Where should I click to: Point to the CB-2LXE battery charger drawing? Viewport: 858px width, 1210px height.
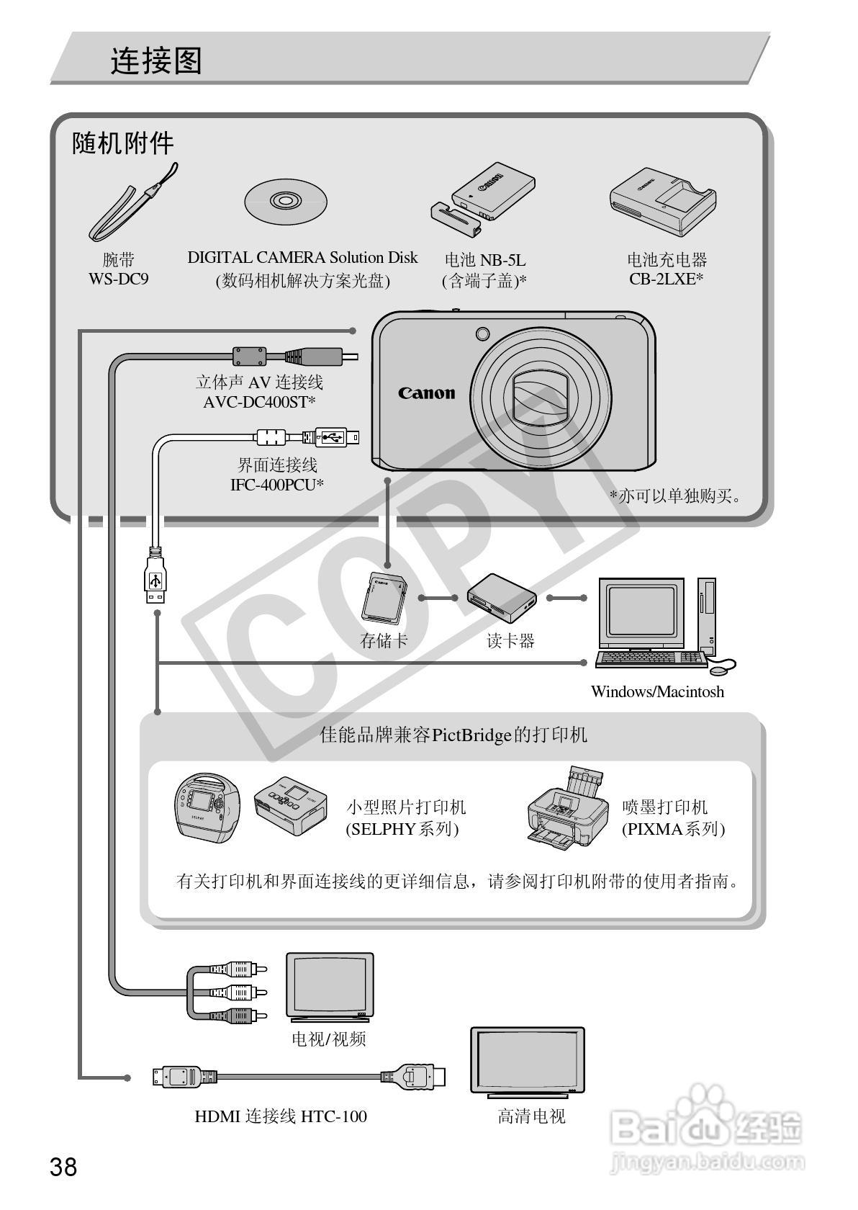coord(663,201)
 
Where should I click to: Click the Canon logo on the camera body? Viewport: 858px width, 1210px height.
coord(427,393)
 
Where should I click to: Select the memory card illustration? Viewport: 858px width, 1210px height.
coord(384,597)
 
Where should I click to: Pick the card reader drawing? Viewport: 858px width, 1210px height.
coord(502,597)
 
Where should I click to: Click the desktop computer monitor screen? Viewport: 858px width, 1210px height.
coord(639,610)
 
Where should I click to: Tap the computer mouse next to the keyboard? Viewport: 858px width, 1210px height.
coord(718,670)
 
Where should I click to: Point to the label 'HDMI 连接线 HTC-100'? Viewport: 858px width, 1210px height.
coord(281,1116)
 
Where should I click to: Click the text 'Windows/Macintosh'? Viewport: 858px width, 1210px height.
coord(657,691)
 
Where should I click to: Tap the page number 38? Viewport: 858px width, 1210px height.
coord(63,1166)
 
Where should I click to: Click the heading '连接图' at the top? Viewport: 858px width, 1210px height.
coord(156,61)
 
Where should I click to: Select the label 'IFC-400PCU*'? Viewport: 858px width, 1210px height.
coord(277,485)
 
